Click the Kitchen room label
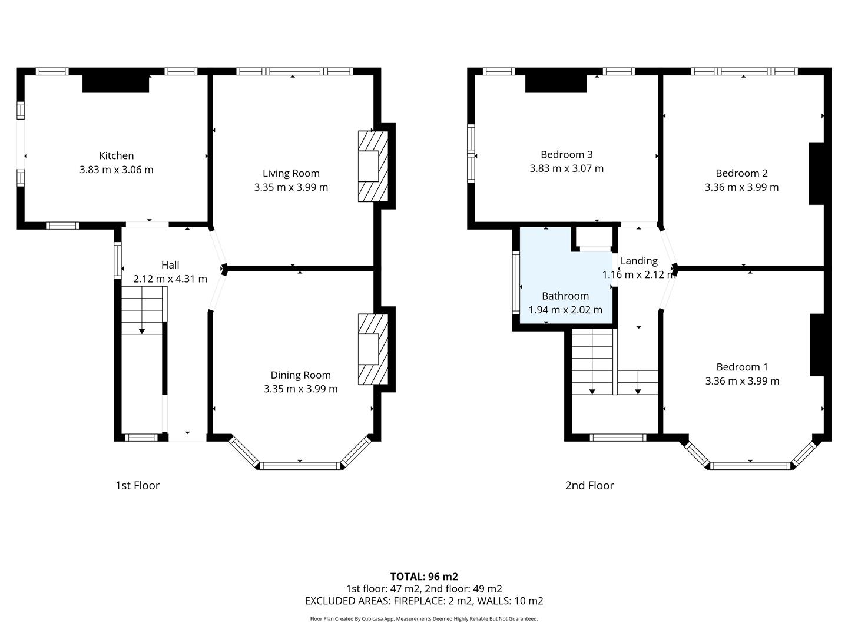pos(116,155)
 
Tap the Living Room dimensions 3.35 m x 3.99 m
pos(291,187)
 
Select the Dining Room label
pos(300,375)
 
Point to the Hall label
pos(170,265)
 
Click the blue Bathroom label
pos(565,296)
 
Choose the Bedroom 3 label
pos(567,154)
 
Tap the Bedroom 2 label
pos(741,173)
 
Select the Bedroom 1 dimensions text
pos(742,381)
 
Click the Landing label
pos(639,261)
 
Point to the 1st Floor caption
pos(138,485)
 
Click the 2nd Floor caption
pos(589,485)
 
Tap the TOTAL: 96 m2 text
pos(424,577)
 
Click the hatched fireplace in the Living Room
pos(373,166)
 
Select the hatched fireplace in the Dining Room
pos(373,349)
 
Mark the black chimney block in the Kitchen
pos(115,84)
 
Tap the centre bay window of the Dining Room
pos(300,466)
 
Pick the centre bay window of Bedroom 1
pos(750,466)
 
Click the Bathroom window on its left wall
pos(516,282)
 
